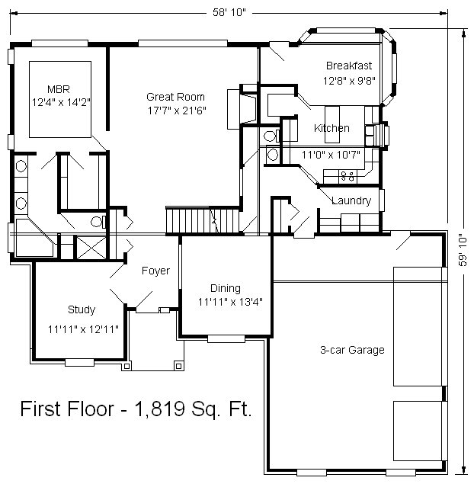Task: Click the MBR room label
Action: click(x=59, y=89)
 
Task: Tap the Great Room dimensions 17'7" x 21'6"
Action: click(x=177, y=111)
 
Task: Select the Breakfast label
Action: click(x=349, y=66)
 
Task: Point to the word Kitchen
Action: click(x=331, y=128)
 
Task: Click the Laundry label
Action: click(x=351, y=200)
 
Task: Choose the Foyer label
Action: click(x=155, y=271)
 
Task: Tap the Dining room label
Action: click(x=226, y=288)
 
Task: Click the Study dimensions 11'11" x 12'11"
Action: click(x=83, y=329)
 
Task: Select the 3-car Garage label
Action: click(x=352, y=350)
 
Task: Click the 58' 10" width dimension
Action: click(x=229, y=12)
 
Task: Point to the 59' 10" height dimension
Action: click(x=463, y=252)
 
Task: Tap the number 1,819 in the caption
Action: click(x=160, y=409)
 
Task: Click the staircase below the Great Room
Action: click(x=203, y=221)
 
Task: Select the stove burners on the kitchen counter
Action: click(x=347, y=177)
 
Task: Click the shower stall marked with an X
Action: click(x=91, y=248)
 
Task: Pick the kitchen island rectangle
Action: click(x=332, y=124)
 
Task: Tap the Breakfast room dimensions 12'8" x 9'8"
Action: click(x=349, y=81)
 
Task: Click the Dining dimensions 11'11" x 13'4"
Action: click(x=230, y=302)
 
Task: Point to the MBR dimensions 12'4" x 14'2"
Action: click(x=61, y=102)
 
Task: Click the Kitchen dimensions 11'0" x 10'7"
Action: click(x=331, y=155)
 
